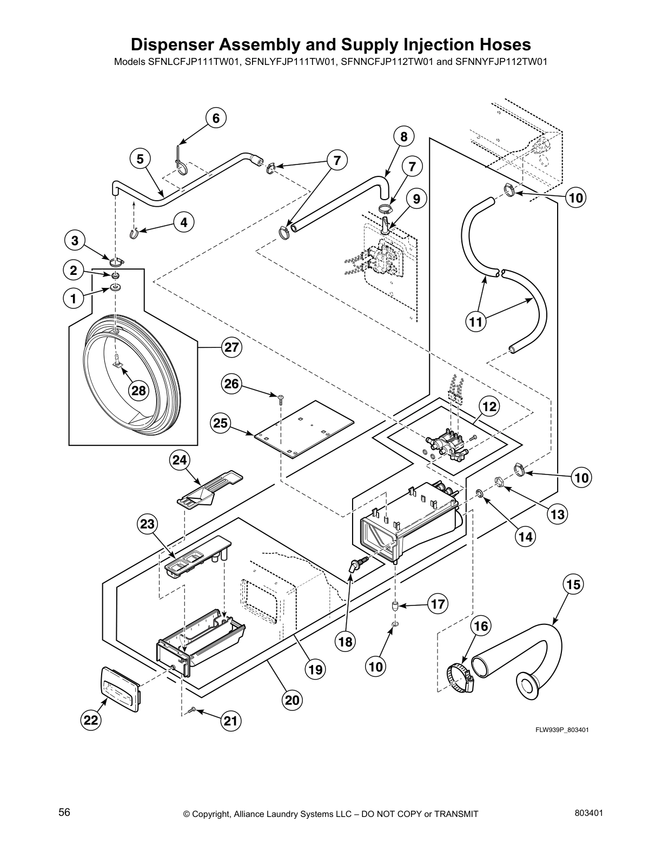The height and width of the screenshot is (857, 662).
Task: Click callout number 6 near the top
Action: pos(215,118)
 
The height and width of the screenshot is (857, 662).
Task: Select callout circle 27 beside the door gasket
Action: pos(231,347)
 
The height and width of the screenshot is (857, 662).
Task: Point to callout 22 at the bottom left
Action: pos(91,720)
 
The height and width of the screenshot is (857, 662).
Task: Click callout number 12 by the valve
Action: pos(489,406)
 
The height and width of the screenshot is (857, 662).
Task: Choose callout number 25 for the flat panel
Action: pos(220,424)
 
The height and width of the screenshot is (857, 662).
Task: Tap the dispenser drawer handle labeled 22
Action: pos(121,689)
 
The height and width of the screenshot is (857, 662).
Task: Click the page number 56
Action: pos(64,812)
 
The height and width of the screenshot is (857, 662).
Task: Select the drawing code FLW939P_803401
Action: pos(562,730)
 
